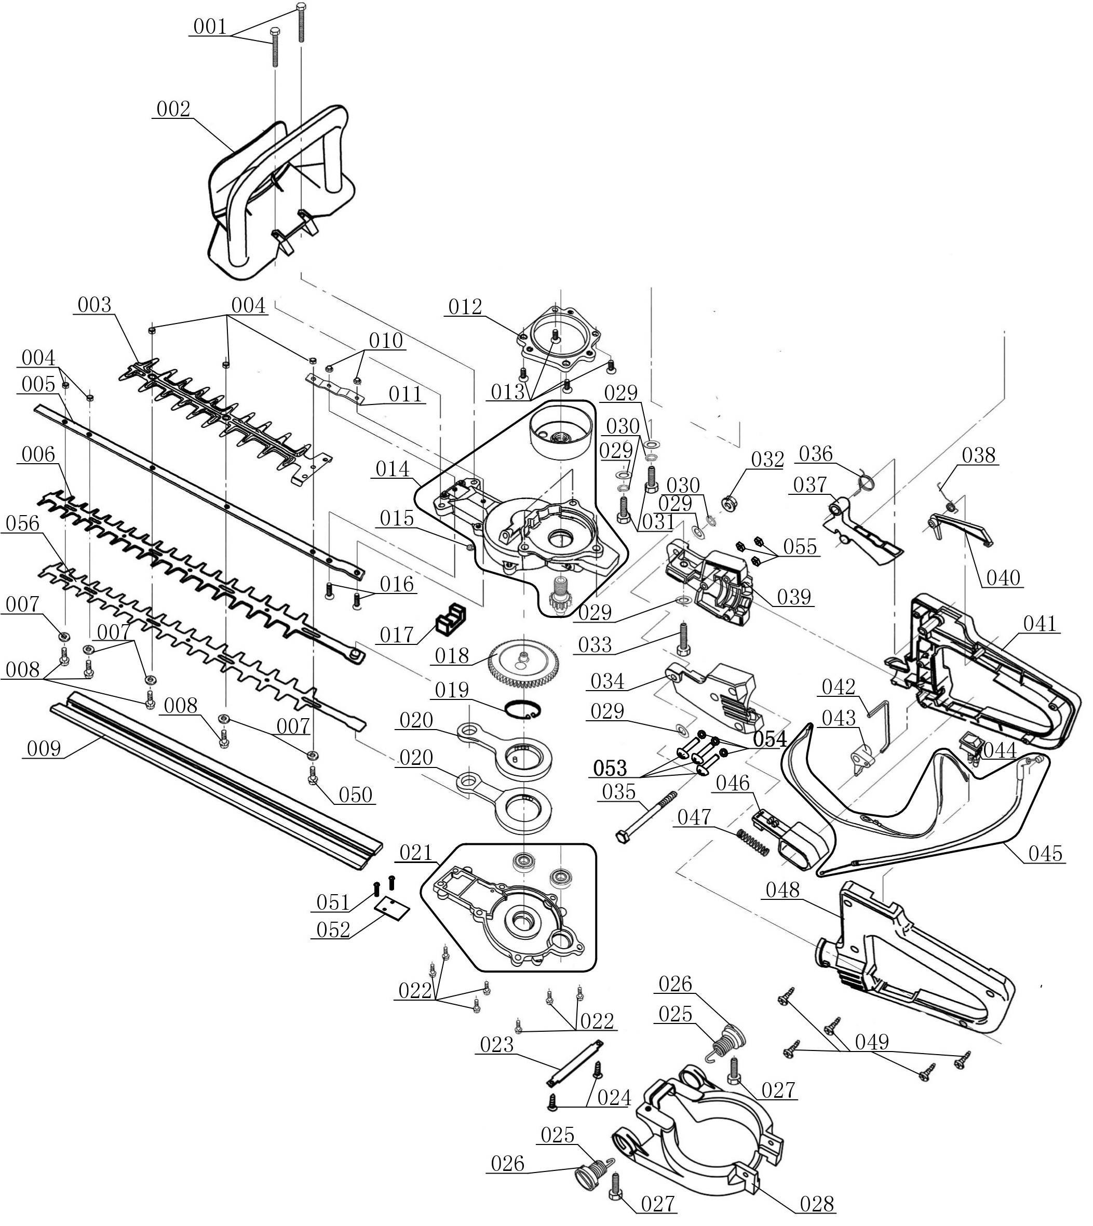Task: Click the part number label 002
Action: (x=173, y=110)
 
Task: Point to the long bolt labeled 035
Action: (x=645, y=816)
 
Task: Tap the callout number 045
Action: (x=1045, y=853)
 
